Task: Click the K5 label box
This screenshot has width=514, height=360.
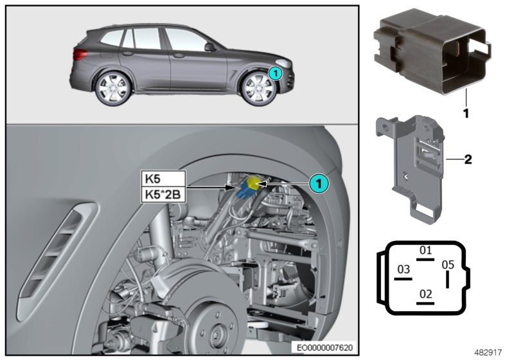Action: point(162,179)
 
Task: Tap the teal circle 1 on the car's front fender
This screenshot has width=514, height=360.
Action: point(274,73)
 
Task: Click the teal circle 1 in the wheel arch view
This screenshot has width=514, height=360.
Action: point(319,183)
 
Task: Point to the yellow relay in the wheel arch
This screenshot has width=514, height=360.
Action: point(254,184)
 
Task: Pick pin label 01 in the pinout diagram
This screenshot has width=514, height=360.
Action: point(425,249)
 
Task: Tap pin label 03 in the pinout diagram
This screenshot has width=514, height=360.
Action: point(403,268)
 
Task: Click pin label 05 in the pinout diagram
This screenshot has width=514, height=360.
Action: point(448,264)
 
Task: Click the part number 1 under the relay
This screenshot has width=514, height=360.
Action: point(465,112)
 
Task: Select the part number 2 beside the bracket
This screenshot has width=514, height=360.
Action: point(468,159)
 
